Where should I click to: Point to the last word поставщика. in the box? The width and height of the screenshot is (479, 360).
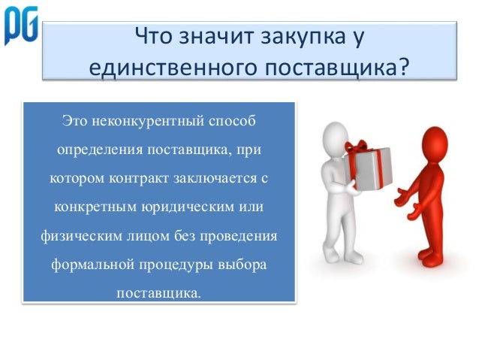(x=158, y=293)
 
